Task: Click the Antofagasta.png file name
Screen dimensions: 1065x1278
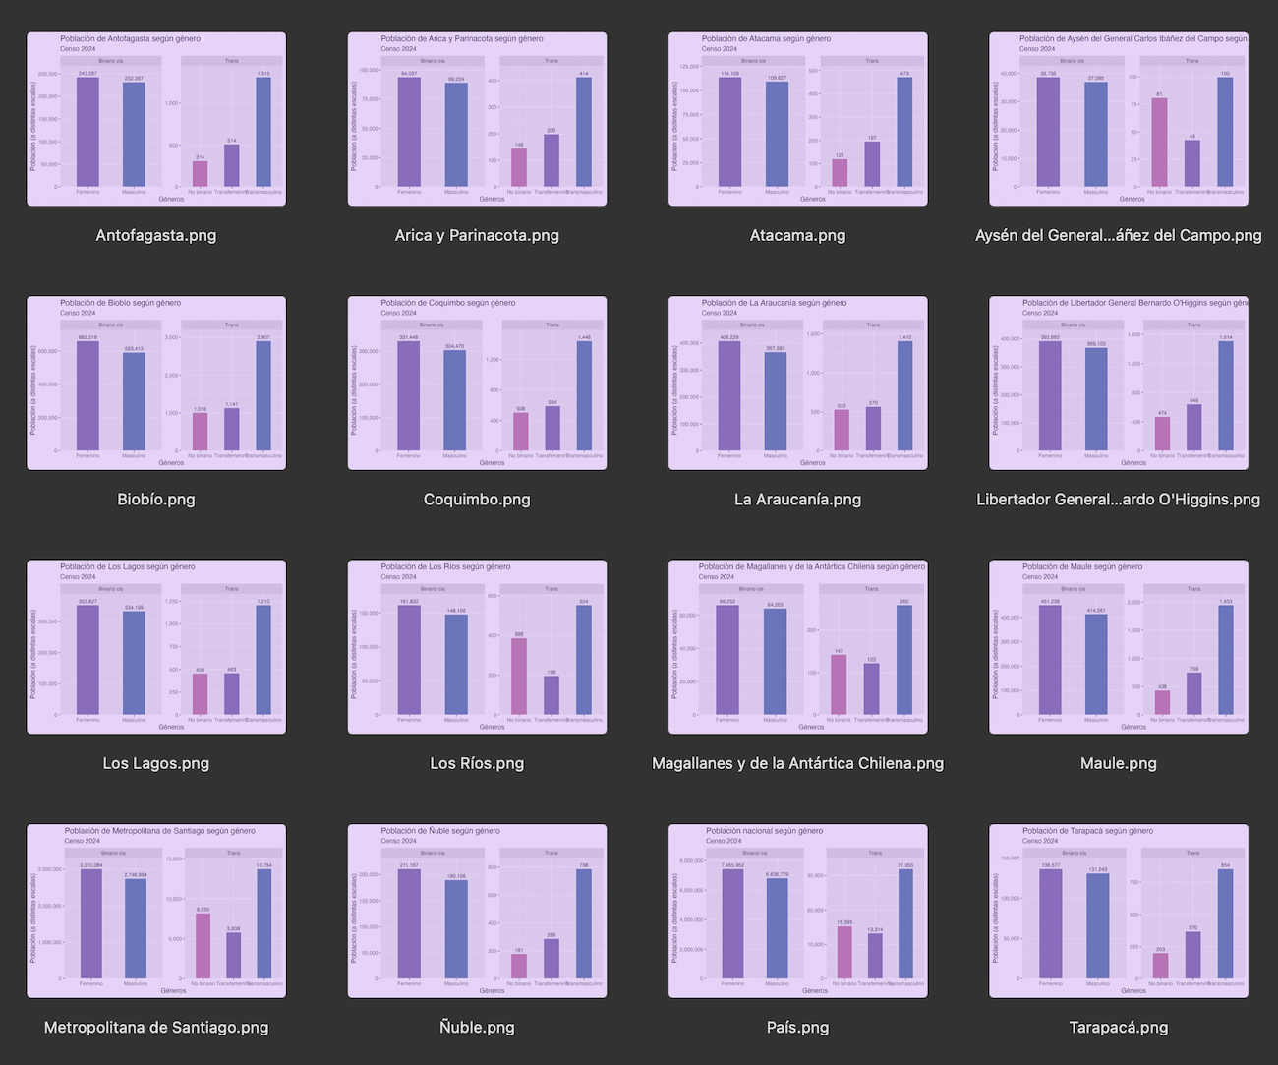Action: point(155,235)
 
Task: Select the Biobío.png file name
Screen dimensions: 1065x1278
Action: point(155,499)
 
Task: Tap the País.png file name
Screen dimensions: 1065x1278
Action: point(797,1027)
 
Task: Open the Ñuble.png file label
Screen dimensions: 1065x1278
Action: point(477,1027)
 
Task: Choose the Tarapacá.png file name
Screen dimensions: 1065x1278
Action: point(1118,1027)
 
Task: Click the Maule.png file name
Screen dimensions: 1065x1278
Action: point(1118,763)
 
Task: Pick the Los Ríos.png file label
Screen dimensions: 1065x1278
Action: point(477,763)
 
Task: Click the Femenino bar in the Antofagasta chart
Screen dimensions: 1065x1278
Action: point(87,132)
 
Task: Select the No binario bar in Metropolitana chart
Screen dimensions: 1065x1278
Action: point(203,946)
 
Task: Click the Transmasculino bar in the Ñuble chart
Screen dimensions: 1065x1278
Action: point(584,924)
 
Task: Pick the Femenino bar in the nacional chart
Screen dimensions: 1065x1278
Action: point(732,924)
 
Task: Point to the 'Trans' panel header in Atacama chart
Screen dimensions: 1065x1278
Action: point(872,61)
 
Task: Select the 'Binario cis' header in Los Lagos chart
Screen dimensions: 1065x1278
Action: point(111,589)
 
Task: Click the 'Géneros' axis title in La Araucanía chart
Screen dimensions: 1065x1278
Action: point(813,463)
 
